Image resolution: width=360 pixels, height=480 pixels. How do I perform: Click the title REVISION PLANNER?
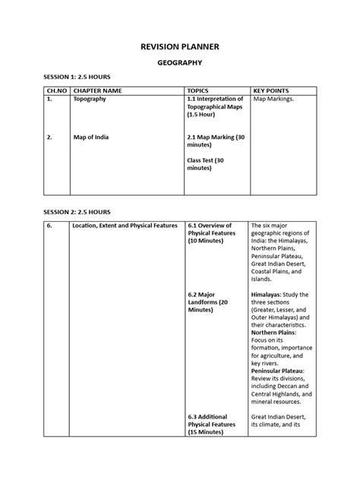click(179, 48)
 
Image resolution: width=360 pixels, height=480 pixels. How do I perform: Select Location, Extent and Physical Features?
click(125, 226)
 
